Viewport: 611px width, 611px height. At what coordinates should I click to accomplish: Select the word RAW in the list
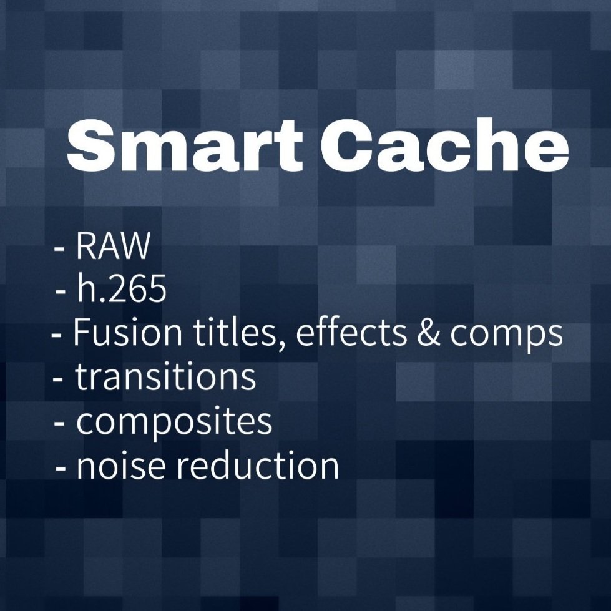click(113, 248)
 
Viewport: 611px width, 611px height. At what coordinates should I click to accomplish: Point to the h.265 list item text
click(121, 290)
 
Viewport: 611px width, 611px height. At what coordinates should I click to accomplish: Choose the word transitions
click(165, 377)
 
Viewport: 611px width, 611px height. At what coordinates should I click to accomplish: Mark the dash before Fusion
click(57, 337)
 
